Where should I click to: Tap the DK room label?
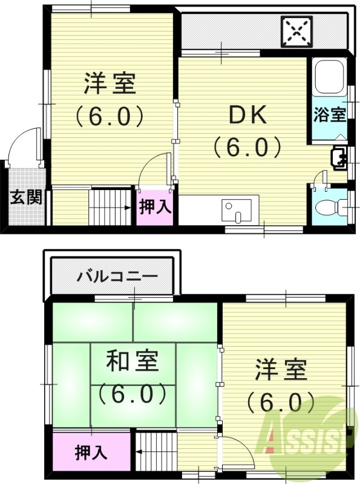pos(247,115)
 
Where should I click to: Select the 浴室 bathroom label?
pos(330,114)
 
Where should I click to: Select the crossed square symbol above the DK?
pos(297,30)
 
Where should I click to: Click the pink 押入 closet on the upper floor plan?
pos(156,207)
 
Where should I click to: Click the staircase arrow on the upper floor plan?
pos(128,208)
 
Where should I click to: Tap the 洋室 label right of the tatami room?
pos(281,369)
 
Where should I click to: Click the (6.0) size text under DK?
pos(247,146)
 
